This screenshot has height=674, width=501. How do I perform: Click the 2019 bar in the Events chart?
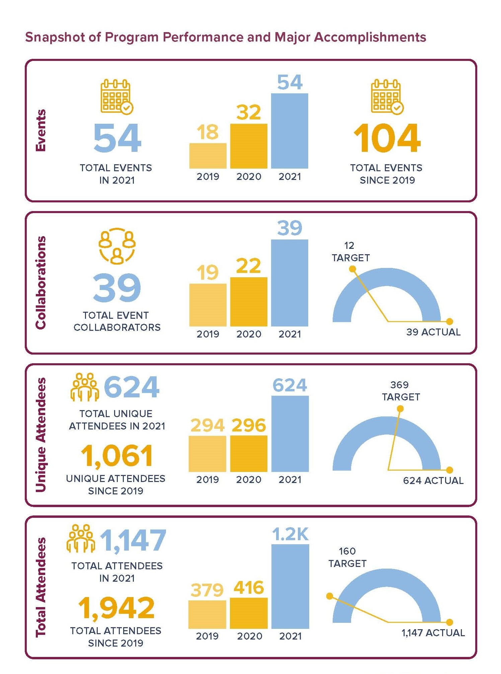pyautogui.click(x=208, y=156)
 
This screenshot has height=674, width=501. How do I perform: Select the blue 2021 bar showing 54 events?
pyautogui.click(x=289, y=131)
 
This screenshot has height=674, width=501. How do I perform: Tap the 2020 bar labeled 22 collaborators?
pyautogui.click(x=249, y=302)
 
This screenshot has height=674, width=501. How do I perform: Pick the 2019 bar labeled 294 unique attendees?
pyautogui.click(x=207, y=454)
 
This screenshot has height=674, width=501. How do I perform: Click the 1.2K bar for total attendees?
pyautogui.click(x=290, y=586)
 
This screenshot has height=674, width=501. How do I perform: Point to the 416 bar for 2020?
pyautogui.click(x=249, y=613)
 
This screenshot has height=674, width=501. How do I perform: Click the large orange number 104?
pyautogui.click(x=387, y=138)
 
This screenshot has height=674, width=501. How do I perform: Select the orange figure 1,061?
pyautogui.click(x=117, y=456)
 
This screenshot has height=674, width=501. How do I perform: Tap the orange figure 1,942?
pyautogui.click(x=116, y=608)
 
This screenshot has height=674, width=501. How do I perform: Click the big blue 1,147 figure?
pyautogui.click(x=133, y=540)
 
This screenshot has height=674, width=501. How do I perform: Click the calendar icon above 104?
pyautogui.click(x=387, y=97)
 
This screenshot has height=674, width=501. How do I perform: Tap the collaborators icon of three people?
pyautogui.click(x=117, y=246)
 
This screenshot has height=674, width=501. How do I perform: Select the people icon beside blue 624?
pyautogui.click(x=85, y=387)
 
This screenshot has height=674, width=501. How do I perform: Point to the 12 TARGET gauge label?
pyautogui.click(x=350, y=252)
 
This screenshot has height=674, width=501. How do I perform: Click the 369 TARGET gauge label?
pyautogui.click(x=401, y=391)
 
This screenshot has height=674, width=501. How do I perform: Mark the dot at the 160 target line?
pyautogui.click(x=330, y=596)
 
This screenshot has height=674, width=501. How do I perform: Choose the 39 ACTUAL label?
pyautogui.click(x=433, y=332)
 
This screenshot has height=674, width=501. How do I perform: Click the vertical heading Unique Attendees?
pyautogui.click(x=41, y=435)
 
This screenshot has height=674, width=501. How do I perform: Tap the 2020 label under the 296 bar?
pyautogui.click(x=249, y=480)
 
